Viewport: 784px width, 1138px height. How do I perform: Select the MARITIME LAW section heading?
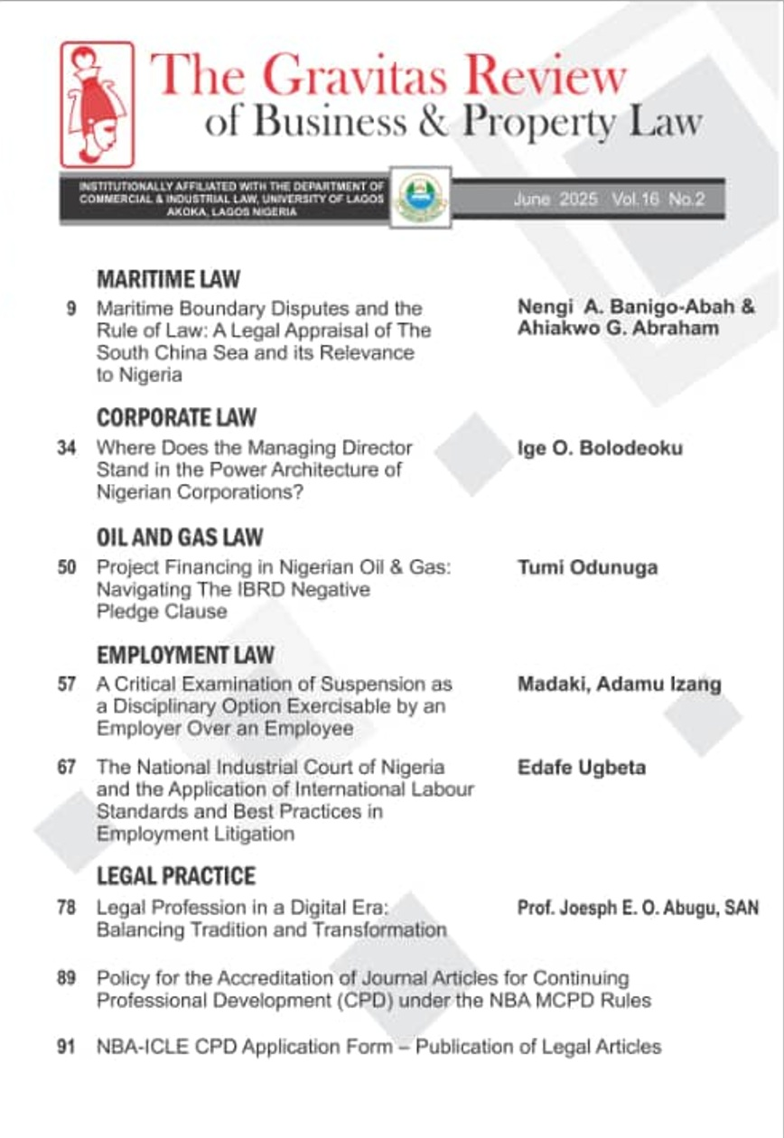168,277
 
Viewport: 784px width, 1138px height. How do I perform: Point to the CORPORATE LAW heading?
176,417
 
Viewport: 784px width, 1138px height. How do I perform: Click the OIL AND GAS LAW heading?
180,537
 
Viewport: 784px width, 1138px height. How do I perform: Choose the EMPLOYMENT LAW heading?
185,655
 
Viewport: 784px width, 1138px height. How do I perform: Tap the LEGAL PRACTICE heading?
176,876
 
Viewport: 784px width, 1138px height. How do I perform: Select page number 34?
66,448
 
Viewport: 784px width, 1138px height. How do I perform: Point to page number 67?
66,768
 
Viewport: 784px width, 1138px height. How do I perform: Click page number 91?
66,1048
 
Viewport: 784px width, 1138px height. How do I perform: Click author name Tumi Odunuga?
587,568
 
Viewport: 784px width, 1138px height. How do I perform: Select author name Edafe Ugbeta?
582,768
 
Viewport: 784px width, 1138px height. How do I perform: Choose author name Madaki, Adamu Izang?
620,685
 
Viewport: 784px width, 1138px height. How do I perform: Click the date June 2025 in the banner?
555,201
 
